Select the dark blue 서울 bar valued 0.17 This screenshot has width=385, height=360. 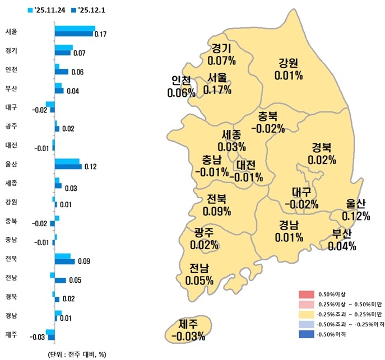[x=73, y=34]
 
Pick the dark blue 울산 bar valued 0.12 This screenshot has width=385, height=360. [x=68, y=166]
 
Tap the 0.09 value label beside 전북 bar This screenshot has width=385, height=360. [x=84, y=261]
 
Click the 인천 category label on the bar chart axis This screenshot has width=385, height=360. [x=11, y=70]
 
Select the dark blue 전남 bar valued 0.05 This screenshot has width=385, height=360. [x=61, y=280]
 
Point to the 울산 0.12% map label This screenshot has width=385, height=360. [x=355, y=209]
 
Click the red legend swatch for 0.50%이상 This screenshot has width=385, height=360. [x=305, y=294]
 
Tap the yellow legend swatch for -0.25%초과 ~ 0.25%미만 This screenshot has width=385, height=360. [x=305, y=314]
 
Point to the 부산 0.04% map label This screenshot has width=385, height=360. [x=341, y=240]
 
